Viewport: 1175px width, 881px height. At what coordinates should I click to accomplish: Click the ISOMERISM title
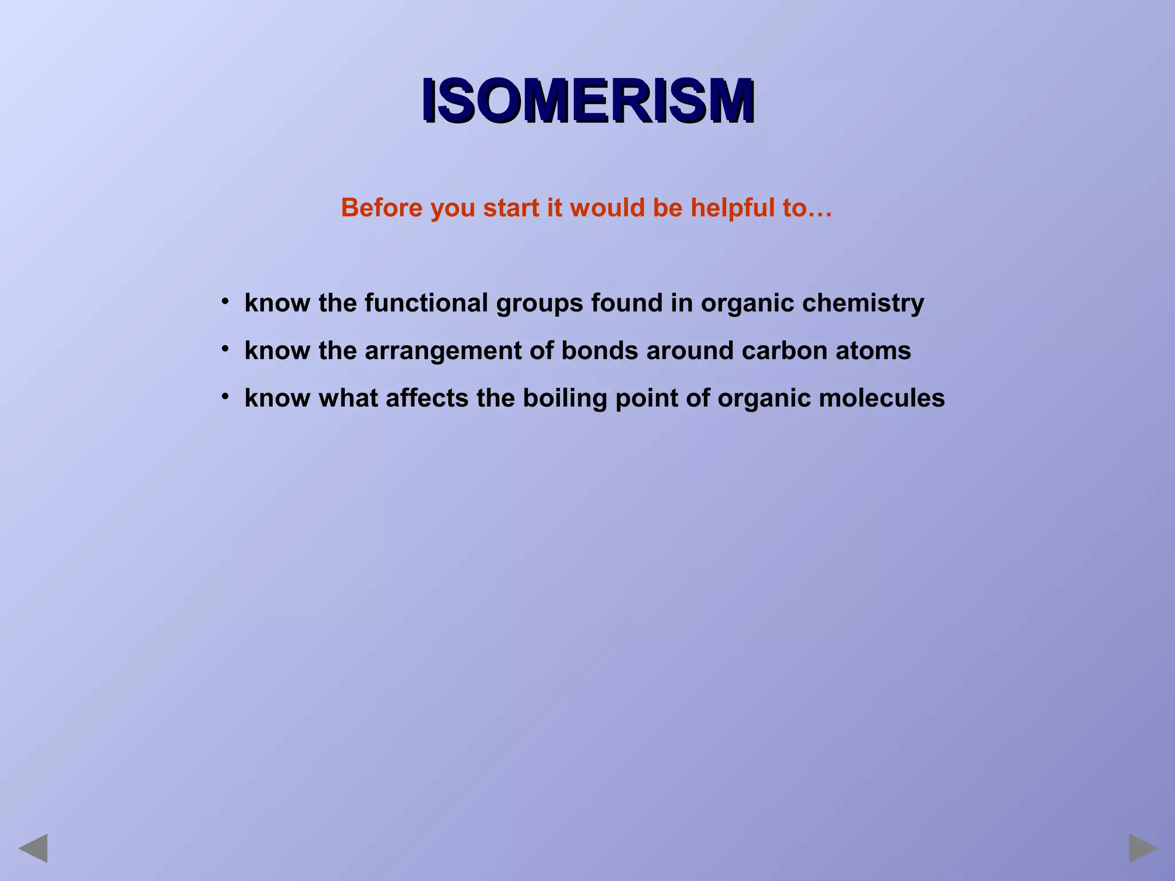click(x=587, y=102)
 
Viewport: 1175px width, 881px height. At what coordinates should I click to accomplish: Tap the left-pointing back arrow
click(x=33, y=848)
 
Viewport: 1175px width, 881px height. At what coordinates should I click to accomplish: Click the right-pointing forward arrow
click(x=1143, y=848)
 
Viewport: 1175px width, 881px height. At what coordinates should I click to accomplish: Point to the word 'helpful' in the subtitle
click(x=732, y=208)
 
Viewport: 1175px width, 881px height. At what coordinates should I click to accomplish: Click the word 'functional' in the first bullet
click(x=426, y=303)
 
